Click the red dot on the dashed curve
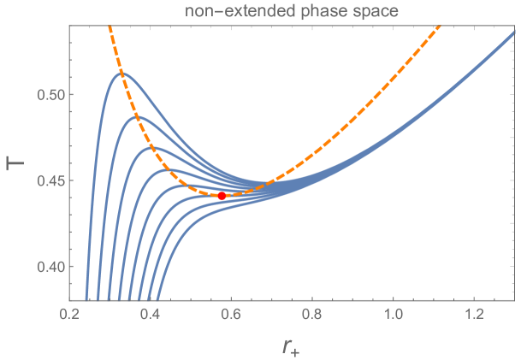pos(222,196)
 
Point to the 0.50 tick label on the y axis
pos(49,94)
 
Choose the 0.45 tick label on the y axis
pos(49,180)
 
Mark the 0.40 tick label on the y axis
pos(49,267)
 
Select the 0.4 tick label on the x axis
pos(151,315)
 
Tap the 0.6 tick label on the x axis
pos(231,315)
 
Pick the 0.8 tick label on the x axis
pos(312,315)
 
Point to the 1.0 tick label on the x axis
pos(394,315)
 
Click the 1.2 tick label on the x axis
pos(475,315)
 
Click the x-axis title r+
pos(292,345)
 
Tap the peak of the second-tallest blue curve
pos(139,117)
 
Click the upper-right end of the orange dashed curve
pos(439,27)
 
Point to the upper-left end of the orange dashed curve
pos(109,27)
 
